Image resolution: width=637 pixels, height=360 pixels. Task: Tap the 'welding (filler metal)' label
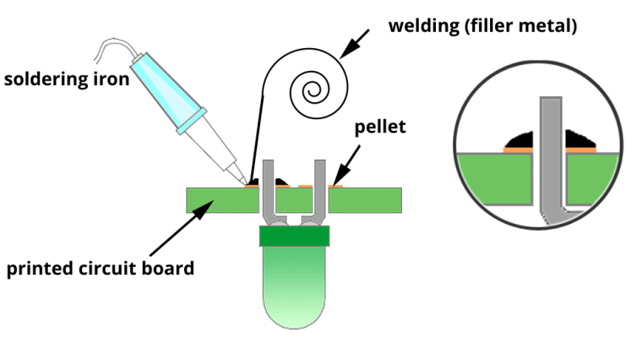pyautogui.click(x=482, y=25)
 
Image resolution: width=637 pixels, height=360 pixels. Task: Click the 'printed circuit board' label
pyautogui.click(x=101, y=270)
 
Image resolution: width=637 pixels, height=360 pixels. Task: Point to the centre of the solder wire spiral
pyautogui.click(x=312, y=87)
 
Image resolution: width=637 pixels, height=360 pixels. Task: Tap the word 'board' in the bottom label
pyautogui.click(x=170, y=270)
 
